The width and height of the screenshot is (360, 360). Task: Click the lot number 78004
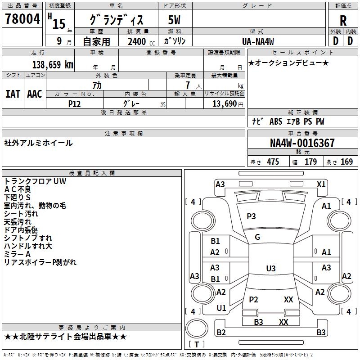pyautogui.click(x=22, y=20)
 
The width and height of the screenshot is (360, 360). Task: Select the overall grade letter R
pyautogui.click(x=343, y=21)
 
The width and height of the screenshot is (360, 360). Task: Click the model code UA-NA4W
pyautogui.click(x=258, y=41)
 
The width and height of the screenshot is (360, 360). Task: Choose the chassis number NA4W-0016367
pyautogui.click(x=302, y=143)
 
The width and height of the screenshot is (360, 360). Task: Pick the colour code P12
pyautogui.click(x=75, y=103)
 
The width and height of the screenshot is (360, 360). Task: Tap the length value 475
pyautogui.click(x=273, y=162)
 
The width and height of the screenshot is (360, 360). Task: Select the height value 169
pyautogui.click(x=346, y=162)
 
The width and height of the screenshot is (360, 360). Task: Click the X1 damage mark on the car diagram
pyautogui.click(x=321, y=184)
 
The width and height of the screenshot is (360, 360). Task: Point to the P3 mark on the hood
pyautogui.click(x=251, y=216)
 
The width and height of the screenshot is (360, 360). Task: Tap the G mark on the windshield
pyautogui.click(x=257, y=237)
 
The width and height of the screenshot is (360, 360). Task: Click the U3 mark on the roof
pyautogui.click(x=270, y=269)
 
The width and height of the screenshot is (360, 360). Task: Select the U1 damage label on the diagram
pyautogui.click(x=221, y=308)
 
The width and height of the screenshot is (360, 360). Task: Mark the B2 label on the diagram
pyautogui.click(x=221, y=333)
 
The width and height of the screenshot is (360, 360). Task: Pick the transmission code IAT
pyautogui.click(x=13, y=94)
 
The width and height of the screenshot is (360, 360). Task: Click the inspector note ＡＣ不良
pyautogui.click(x=18, y=189)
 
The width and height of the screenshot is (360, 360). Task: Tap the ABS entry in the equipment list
pyautogui.click(x=276, y=121)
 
